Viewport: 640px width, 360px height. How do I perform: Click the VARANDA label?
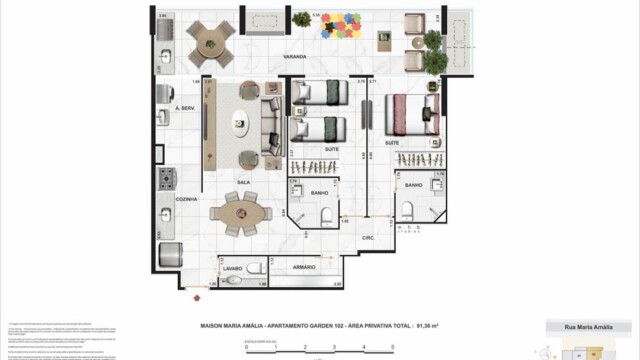click(x=294, y=57)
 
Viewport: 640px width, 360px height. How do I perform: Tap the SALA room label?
click(x=242, y=182)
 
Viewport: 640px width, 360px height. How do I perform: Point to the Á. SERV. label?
click(x=184, y=107)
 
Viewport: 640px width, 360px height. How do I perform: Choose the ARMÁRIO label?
click(x=304, y=268)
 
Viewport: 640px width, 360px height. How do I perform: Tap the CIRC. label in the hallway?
click(x=368, y=238)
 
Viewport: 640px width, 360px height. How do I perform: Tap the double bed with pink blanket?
click(x=410, y=112)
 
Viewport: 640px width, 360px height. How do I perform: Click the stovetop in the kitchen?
click(x=166, y=181)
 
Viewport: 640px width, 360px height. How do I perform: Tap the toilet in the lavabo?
click(x=255, y=267)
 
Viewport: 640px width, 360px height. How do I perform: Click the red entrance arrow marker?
click(x=196, y=294)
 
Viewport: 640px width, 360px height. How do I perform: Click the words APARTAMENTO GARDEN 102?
click(x=299, y=326)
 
